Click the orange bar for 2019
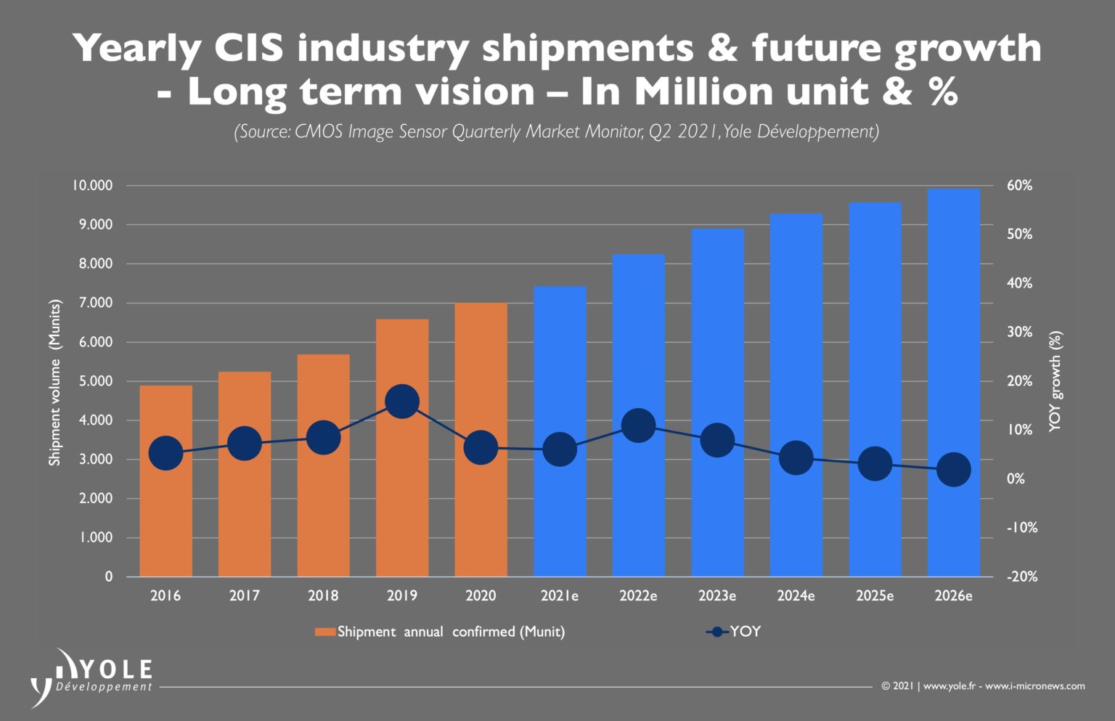point(402,494)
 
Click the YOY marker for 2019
point(402,402)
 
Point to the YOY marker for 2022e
point(638,425)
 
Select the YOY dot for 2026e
point(953,470)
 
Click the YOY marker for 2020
point(481,448)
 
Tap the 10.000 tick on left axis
point(91,186)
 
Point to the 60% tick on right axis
point(1019,186)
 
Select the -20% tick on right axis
point(1021,577)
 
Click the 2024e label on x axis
point(796,596)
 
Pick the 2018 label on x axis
point(323,596)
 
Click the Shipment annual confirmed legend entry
point(440,632)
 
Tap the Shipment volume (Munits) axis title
point(55,382)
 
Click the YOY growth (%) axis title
point(1055,382)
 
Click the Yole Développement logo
point(91,675)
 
